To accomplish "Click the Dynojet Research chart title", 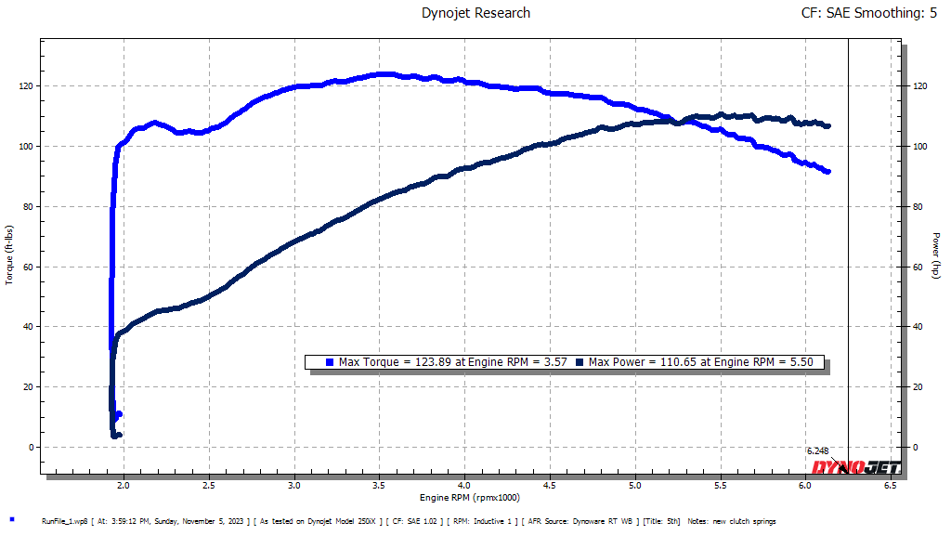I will pyautogui.click(x=475, y=13).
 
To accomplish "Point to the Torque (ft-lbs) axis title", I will pyautogui.click(x=10, y=254).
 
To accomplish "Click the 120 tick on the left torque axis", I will pyautogui.click(x=24, y=86).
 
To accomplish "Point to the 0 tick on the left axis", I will pyautogui.click(x=30, y=447).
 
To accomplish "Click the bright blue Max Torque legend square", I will pyautogui.click(x=330, y=362).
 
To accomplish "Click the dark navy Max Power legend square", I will pyautogui.click(x=580, y=362).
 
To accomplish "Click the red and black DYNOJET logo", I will pyautogui.click(x=854, y=466).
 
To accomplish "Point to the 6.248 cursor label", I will pyautogui.click(x=818, y=450).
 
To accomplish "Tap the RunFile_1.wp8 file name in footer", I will pyautogui.click(x=64, y=521).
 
